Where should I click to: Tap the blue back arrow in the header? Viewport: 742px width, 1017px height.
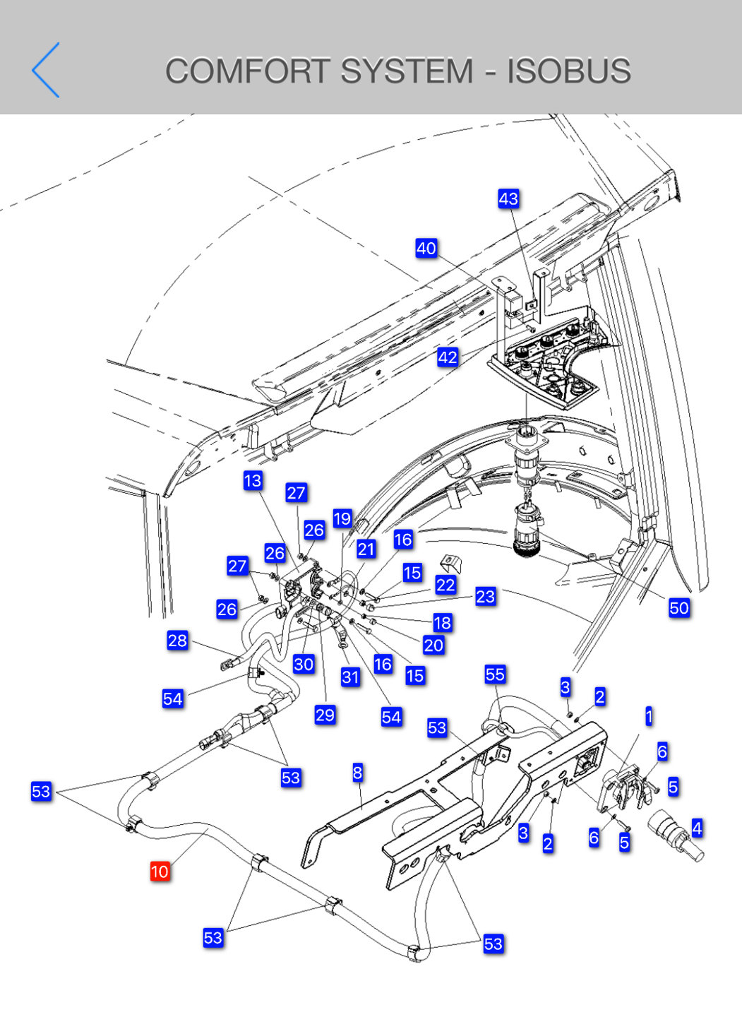(x=46, y=70)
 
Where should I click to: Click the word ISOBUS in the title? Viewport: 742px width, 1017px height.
(x=568, y=71)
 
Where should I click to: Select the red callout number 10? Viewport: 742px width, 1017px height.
(x=160, y=872)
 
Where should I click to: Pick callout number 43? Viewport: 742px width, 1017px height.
(x=508, y=198)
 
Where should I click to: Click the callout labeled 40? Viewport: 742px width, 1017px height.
(x=426, y=248)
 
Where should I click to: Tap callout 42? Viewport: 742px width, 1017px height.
(x=448, y=357)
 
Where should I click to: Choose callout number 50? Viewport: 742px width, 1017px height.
(x=678, y=607)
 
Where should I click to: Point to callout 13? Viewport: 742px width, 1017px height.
(x=252, y=480)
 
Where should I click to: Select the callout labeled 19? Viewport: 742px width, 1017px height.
(x=342, y=518)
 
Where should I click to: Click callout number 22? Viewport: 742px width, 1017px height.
(x=445, y=585)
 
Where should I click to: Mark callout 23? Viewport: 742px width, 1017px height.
(x=485, y=596)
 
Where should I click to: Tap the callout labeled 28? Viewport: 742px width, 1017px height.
(x=177, y=640)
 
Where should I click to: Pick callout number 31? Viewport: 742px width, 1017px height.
(x=350, y=677)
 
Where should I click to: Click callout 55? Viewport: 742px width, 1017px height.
(x=495, y=674)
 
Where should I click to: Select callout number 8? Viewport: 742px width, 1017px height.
(x=357, y=773)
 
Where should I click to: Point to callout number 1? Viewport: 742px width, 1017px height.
(x=649, y=716)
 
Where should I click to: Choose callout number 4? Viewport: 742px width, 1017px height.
(x=697, y=828)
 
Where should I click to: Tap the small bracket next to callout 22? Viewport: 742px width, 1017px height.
(x=450, y=563)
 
